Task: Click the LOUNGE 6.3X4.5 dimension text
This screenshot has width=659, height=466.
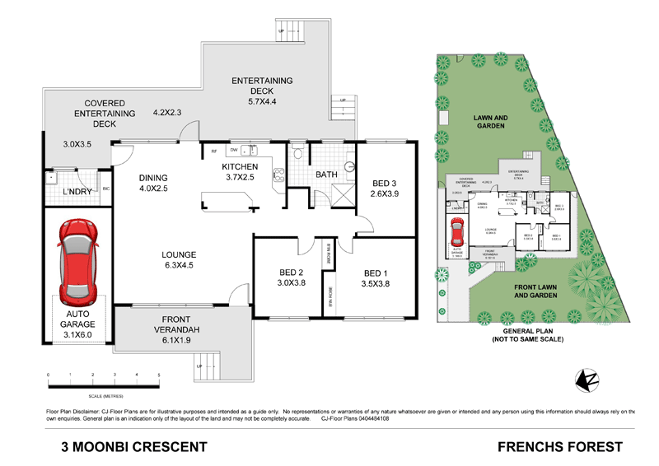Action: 178,266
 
